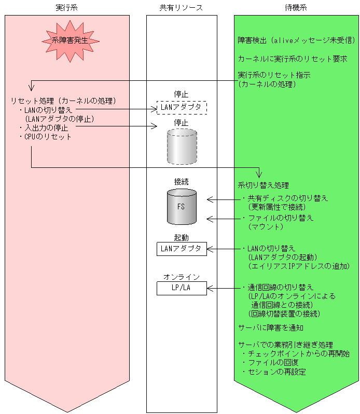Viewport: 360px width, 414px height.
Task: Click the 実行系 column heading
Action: tap(67, 8)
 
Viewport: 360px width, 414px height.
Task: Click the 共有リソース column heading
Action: tap(182, 8)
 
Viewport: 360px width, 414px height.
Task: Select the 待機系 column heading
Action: tap(296, 8)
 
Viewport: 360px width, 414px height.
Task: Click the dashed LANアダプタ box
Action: tap(182, 107)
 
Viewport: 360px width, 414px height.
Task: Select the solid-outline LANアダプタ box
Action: tap(182, 249)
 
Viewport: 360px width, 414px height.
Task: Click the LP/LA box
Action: tap(182, 288)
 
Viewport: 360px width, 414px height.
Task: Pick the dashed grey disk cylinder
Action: tap(182, 147)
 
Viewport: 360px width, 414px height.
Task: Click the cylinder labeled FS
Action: tap(182, 206)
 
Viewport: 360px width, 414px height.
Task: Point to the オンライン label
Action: tap(182, 277)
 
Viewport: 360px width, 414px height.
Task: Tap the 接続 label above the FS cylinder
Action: tap(182, 182)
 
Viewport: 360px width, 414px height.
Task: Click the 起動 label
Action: tap(182, 237)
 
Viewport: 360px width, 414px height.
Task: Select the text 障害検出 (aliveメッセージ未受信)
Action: tap(296, 40)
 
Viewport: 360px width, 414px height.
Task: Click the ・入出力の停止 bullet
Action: tap(44, 127)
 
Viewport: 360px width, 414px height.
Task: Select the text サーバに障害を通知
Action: tap(271, 328)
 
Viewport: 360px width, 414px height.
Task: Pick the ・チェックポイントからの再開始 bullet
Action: tap(296, 353)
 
